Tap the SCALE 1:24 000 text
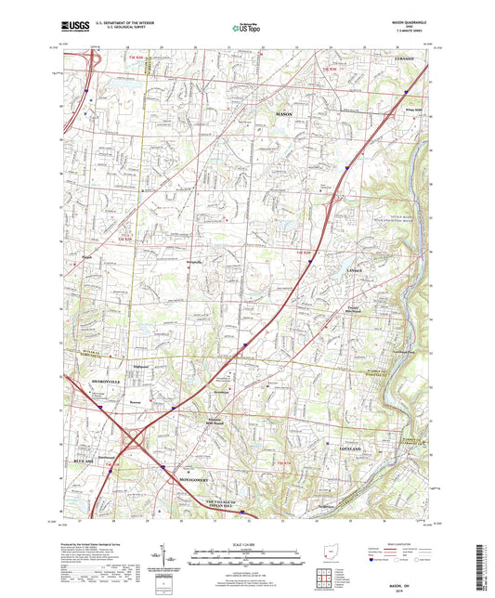click(x=246, y=544)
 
